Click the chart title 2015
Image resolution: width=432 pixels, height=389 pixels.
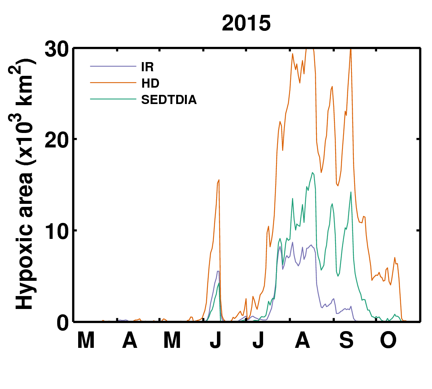[246, 23]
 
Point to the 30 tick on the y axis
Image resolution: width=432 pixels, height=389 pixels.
[56, 50]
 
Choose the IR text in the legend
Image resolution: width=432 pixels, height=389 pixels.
[148, 67]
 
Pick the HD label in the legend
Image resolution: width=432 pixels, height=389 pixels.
[151, 83]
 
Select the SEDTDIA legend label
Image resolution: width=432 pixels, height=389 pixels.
[169, 100]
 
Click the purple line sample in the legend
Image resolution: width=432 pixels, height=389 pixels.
[113, 66]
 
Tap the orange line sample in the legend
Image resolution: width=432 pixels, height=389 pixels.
[113, 83]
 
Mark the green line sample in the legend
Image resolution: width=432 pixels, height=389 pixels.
[113, 99]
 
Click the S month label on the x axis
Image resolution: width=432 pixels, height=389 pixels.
[346, 340]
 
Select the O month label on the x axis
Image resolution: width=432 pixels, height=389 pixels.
[388, 340]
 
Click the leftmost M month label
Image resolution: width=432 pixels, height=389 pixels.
[86, 340]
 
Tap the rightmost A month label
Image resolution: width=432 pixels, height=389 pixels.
[302, 340]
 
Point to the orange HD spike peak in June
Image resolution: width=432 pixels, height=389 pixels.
[219, 180]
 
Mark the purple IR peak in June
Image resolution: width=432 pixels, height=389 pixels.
[218, 271]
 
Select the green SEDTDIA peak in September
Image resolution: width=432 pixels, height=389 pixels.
[351, 192]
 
